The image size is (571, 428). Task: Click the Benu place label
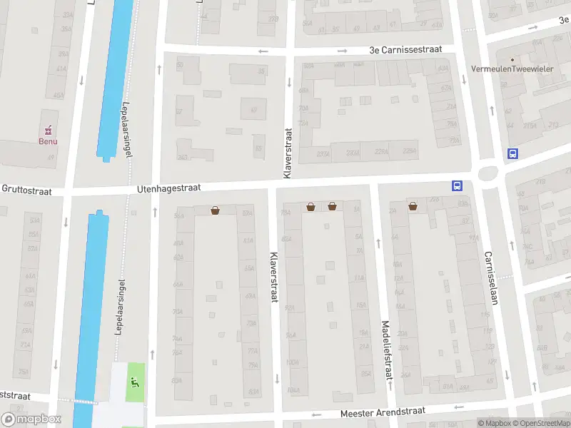(48, 141)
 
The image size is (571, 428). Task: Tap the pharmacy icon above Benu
(49, 130)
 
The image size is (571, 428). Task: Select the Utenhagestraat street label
(168, 188)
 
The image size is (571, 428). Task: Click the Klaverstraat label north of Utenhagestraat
(288, 153)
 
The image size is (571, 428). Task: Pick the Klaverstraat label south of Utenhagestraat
(273, 277)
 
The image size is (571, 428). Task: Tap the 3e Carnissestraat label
(405, 50)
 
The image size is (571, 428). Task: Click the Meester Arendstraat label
(383, 412)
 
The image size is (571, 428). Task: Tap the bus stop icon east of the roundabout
(512, 153)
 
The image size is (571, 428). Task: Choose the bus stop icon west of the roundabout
(457, 185)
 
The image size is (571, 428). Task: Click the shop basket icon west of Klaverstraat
(215, 210)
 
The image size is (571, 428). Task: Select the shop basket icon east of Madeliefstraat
(413, 206)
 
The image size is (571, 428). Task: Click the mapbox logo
(31, 419)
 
